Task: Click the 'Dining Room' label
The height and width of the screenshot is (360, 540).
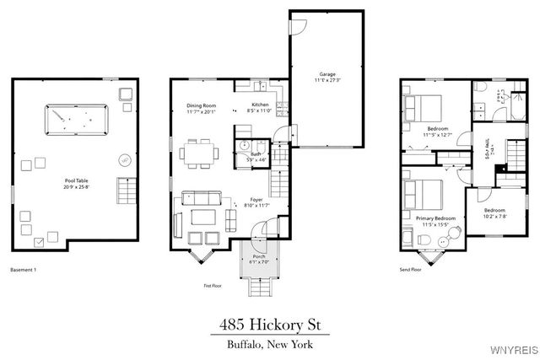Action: point(202,105)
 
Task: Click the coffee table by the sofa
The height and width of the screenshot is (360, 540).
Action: point(203,217)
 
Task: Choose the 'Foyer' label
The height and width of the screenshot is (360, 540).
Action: point(256,199)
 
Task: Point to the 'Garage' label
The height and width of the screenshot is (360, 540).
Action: point(327,73)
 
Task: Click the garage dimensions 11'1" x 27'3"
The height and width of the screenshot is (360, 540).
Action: point(327,80)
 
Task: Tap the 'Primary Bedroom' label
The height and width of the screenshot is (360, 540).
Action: point(436,218)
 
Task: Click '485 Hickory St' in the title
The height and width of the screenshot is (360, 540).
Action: point(270,324)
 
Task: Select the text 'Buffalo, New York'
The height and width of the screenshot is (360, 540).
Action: point(270,346)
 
